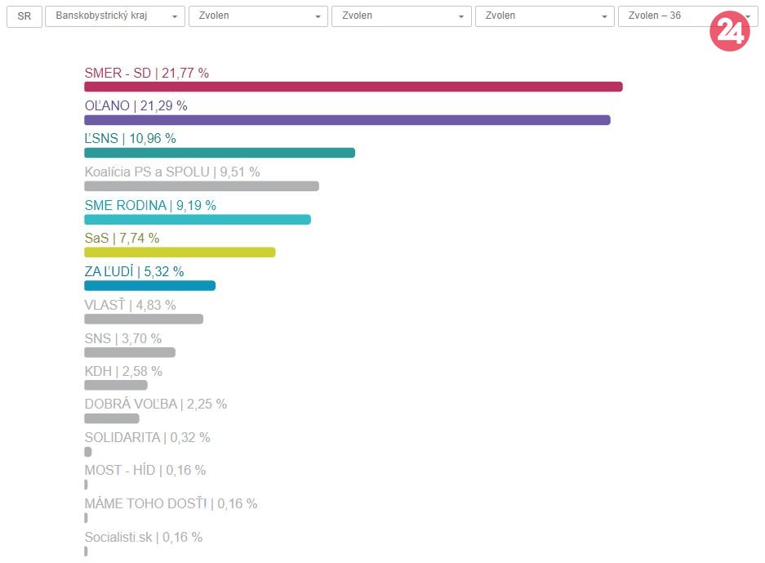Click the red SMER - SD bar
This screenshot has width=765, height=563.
point(353,87)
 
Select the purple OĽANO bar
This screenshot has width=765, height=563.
point(347,120)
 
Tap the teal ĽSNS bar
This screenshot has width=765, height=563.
point(220,153)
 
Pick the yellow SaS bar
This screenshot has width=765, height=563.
point(180,252)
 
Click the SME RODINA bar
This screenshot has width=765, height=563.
point(198,219)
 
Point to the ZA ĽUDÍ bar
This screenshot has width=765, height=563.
point(149,285)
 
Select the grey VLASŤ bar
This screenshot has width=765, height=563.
point(144,319)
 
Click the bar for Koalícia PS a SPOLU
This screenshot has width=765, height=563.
point(202,186)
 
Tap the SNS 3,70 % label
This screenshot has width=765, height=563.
point(123,338)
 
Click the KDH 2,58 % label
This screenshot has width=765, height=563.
point(123,372)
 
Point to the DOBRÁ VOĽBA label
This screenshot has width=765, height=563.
point(156,404)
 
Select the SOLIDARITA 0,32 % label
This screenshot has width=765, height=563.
point(147,438)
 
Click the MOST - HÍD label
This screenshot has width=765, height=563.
point(145,471)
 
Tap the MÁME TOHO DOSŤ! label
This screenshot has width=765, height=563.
point(171,504)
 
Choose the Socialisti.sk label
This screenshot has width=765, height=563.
point(144,538)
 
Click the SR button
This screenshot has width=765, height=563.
point(24,16)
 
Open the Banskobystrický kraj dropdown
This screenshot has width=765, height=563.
point(115,16)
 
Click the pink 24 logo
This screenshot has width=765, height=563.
point(729,31)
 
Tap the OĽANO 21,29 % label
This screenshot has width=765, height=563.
point(136,105)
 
